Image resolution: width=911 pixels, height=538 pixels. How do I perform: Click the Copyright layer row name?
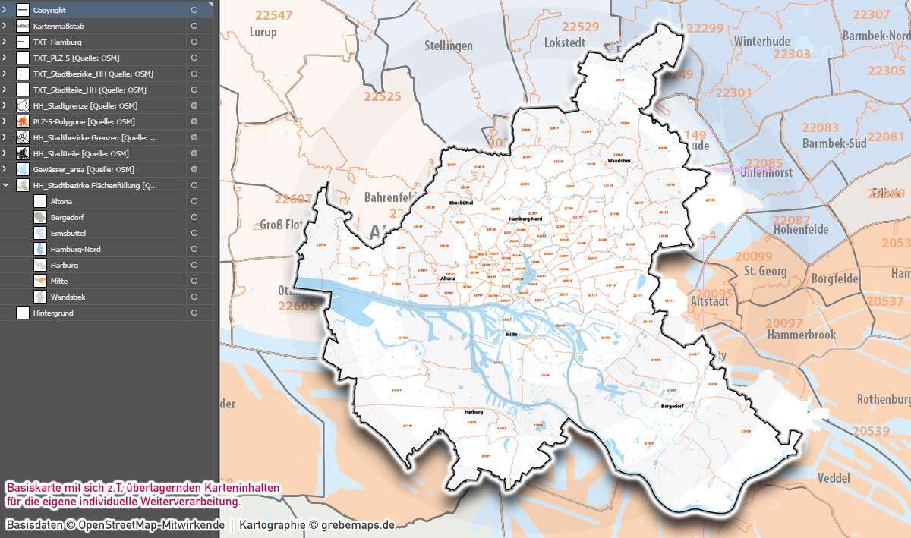(49, 10)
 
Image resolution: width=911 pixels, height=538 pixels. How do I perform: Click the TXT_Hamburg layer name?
(57, 42)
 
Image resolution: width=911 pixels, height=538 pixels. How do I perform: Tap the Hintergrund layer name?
(53, 313)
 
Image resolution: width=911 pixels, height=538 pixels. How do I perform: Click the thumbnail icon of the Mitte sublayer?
(40, 281)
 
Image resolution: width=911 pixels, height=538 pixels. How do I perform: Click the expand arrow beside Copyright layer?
(5, 10)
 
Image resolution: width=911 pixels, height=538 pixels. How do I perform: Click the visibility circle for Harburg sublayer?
(195, 265)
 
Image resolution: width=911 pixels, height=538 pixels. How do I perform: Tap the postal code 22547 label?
(273, 15)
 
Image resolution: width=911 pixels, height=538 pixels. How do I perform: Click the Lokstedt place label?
(566, 43)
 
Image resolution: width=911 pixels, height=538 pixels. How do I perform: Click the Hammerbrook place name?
(800, 335)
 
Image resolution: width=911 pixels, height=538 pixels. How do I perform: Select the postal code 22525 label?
(382, 96)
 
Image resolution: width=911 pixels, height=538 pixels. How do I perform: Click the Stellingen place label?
(449, 46)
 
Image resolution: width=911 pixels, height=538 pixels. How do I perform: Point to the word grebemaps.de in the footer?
(358, 524)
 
